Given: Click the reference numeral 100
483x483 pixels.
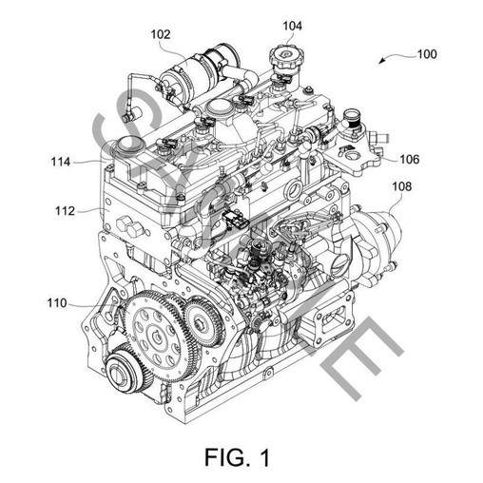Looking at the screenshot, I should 427,54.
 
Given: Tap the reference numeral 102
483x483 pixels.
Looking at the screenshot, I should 159,34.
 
